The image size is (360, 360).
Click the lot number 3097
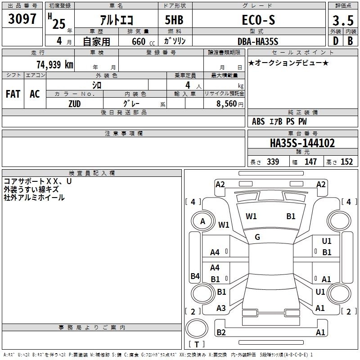tap(22, 19)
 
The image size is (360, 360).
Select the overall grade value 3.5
tap(343, 20)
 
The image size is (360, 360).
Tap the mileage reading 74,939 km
tap(55, 64)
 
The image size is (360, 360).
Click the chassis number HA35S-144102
tap(302, 143)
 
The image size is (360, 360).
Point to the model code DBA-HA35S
tap(258, 41)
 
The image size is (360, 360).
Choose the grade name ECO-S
tap(258, 20)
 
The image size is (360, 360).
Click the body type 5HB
tap(174, 20)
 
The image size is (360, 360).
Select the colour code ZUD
tap(75, 104)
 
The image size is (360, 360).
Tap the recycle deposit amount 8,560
tap(227, 103)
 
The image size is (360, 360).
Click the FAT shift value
tap(13, 94)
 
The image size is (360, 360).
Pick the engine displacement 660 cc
tap(143, 42)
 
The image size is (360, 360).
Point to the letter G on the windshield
tap(257, 237)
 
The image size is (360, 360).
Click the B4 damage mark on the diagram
tap(195, 276)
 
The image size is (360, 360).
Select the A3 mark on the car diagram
tap(221, 308)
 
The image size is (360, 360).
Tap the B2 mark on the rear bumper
tap(221, 333)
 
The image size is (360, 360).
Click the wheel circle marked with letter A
tap(203, 211)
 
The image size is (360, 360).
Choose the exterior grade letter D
tap(336, 41)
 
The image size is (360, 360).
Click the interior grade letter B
tap(351, 41)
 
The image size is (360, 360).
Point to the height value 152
tap(346, 162)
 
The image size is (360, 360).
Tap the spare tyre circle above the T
tap(197, 319)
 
